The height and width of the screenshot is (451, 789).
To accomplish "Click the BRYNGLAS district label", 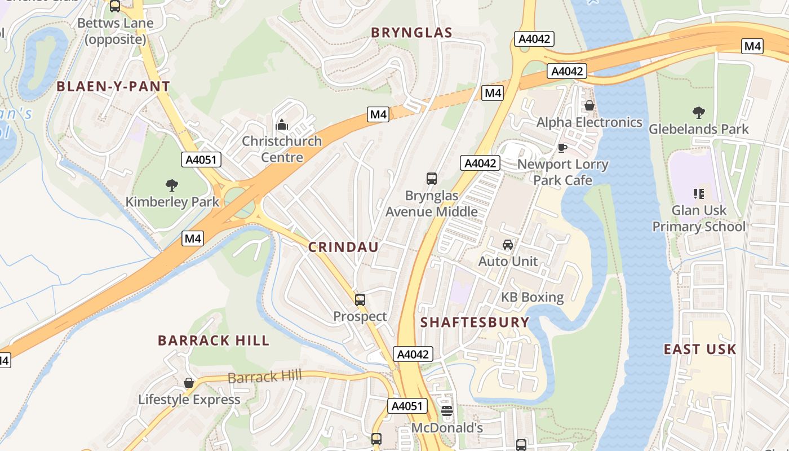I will pyautogui.click(x=411, y=33).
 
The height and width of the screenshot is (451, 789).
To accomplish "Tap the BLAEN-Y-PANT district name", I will pyautogui.click(x=113, y=86).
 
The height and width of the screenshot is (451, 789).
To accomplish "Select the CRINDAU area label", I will pyautogui.click(x=343, y=247).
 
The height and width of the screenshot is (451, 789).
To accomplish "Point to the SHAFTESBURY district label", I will pyautogui.click(x=475, y=322).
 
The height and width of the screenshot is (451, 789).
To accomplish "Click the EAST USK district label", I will pyautogui.click(x=700, y=350).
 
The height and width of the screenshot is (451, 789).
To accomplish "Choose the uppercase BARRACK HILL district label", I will pyautogui.click(x=214, y=341).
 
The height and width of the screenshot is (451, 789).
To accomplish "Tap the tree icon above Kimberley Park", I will pyautogui.click(x=172, y=185).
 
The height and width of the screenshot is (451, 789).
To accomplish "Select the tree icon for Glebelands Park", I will pyautogui.click(x=699, y=113).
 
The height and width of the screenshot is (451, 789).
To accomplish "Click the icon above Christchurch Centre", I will pyautogui.click(x=282, y=125).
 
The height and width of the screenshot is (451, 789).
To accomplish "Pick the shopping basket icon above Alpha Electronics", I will pyautogui.click(x=589, y=105).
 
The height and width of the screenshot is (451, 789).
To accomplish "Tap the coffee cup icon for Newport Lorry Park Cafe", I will pyautogui.click(x=562, y=148).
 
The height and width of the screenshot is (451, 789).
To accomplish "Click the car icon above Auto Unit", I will pyautogui.click(x=508, y=245).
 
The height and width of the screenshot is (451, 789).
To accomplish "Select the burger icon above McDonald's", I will pyautogui.click(x=447, y=411).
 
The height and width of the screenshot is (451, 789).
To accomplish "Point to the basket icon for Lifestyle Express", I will pyautogui.click(x=189, y=383).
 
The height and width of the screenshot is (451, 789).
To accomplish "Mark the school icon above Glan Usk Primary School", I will pyautogui.click(x=699, y=194).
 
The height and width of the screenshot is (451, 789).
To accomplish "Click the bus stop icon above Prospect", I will pyautogui.click(x=360, y=300).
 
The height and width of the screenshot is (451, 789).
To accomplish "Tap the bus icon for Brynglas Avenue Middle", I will pyautogui.click(x=432, y=179).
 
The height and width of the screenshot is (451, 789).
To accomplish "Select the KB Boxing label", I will pyautogui.click(x=533, y=297).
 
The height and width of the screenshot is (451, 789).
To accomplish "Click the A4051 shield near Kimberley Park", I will pyautogui.click(x=201, y=160).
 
